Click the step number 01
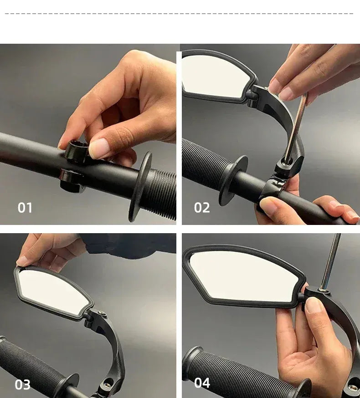25,208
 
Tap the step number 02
202,208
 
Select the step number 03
23,384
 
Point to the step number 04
202,383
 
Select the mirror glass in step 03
52,291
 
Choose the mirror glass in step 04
244,276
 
